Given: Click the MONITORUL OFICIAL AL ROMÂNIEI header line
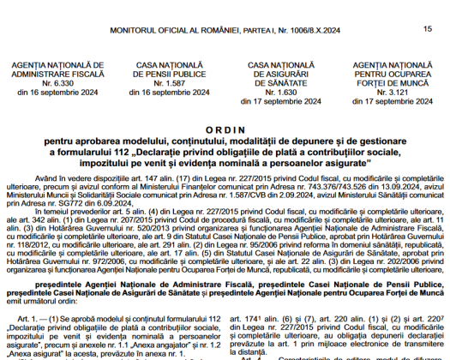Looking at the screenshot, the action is click(x=225, y=31).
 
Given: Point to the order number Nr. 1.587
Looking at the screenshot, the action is click(x=165, y=84).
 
